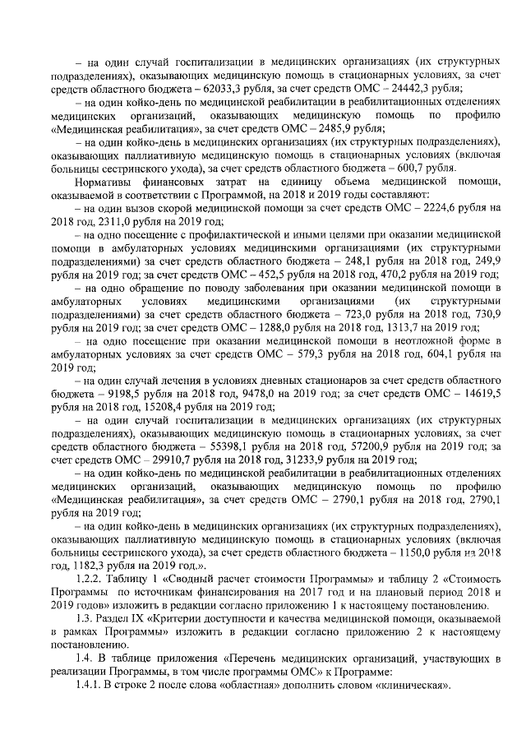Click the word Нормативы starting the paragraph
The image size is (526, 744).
pyautogui.click(x=104, y=181)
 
